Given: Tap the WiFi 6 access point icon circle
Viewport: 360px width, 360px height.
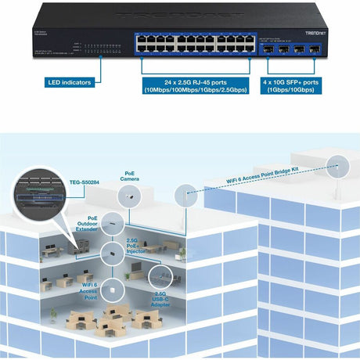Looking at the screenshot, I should point(114,288).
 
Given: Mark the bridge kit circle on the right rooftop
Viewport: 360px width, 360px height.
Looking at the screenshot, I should point(339,166).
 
